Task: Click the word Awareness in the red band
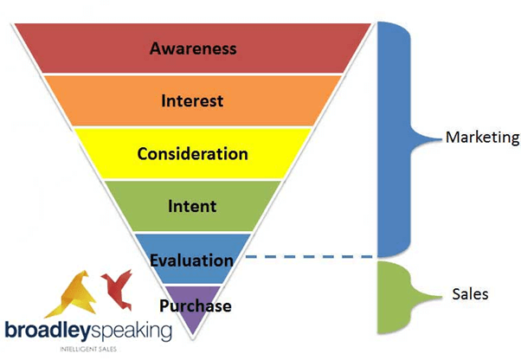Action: coord(193,48)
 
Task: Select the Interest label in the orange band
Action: coord(192,101)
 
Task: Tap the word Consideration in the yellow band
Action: coord(193,154)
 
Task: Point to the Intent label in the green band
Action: coord(192,206)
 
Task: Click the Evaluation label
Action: coord(192,260)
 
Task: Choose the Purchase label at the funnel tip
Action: coord(196,305)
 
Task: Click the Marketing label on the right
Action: coord(483,138)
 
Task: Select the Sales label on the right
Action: coord(470,294)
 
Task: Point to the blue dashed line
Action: coord(309,256)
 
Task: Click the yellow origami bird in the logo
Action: coord(72,294)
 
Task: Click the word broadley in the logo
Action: coord(48,331)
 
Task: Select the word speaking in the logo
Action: coord(132,331)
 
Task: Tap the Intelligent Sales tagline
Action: coord(88,349)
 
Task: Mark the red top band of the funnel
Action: coord(193,48)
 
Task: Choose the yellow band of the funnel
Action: coord(193,153)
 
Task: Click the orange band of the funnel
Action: coord(193,100)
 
